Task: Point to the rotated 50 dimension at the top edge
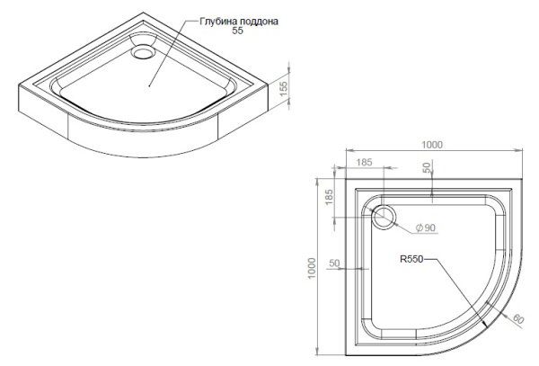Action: pyautogui.click(x=429, y=168)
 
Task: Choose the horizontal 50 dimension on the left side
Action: pyautogui.click(x=334, y=263)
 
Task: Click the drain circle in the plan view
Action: pyautogui.click(x=384, y=216)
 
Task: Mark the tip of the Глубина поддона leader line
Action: pyautogui.click(x=148, y=87)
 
